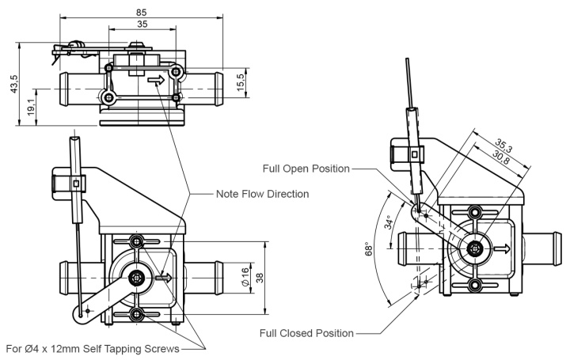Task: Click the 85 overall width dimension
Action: (x=141, y=12)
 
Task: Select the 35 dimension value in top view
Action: (x=142, y=25)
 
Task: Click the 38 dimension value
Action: (x=260, y=278)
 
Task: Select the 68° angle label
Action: (x=369, y=249)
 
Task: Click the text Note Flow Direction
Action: (x=262, y=194)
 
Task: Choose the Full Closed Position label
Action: (x=306, y=332)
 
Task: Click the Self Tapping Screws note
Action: (x=93, y=348)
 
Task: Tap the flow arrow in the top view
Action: (x=156, y=80)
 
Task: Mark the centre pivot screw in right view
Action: (x=474, y=248)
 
